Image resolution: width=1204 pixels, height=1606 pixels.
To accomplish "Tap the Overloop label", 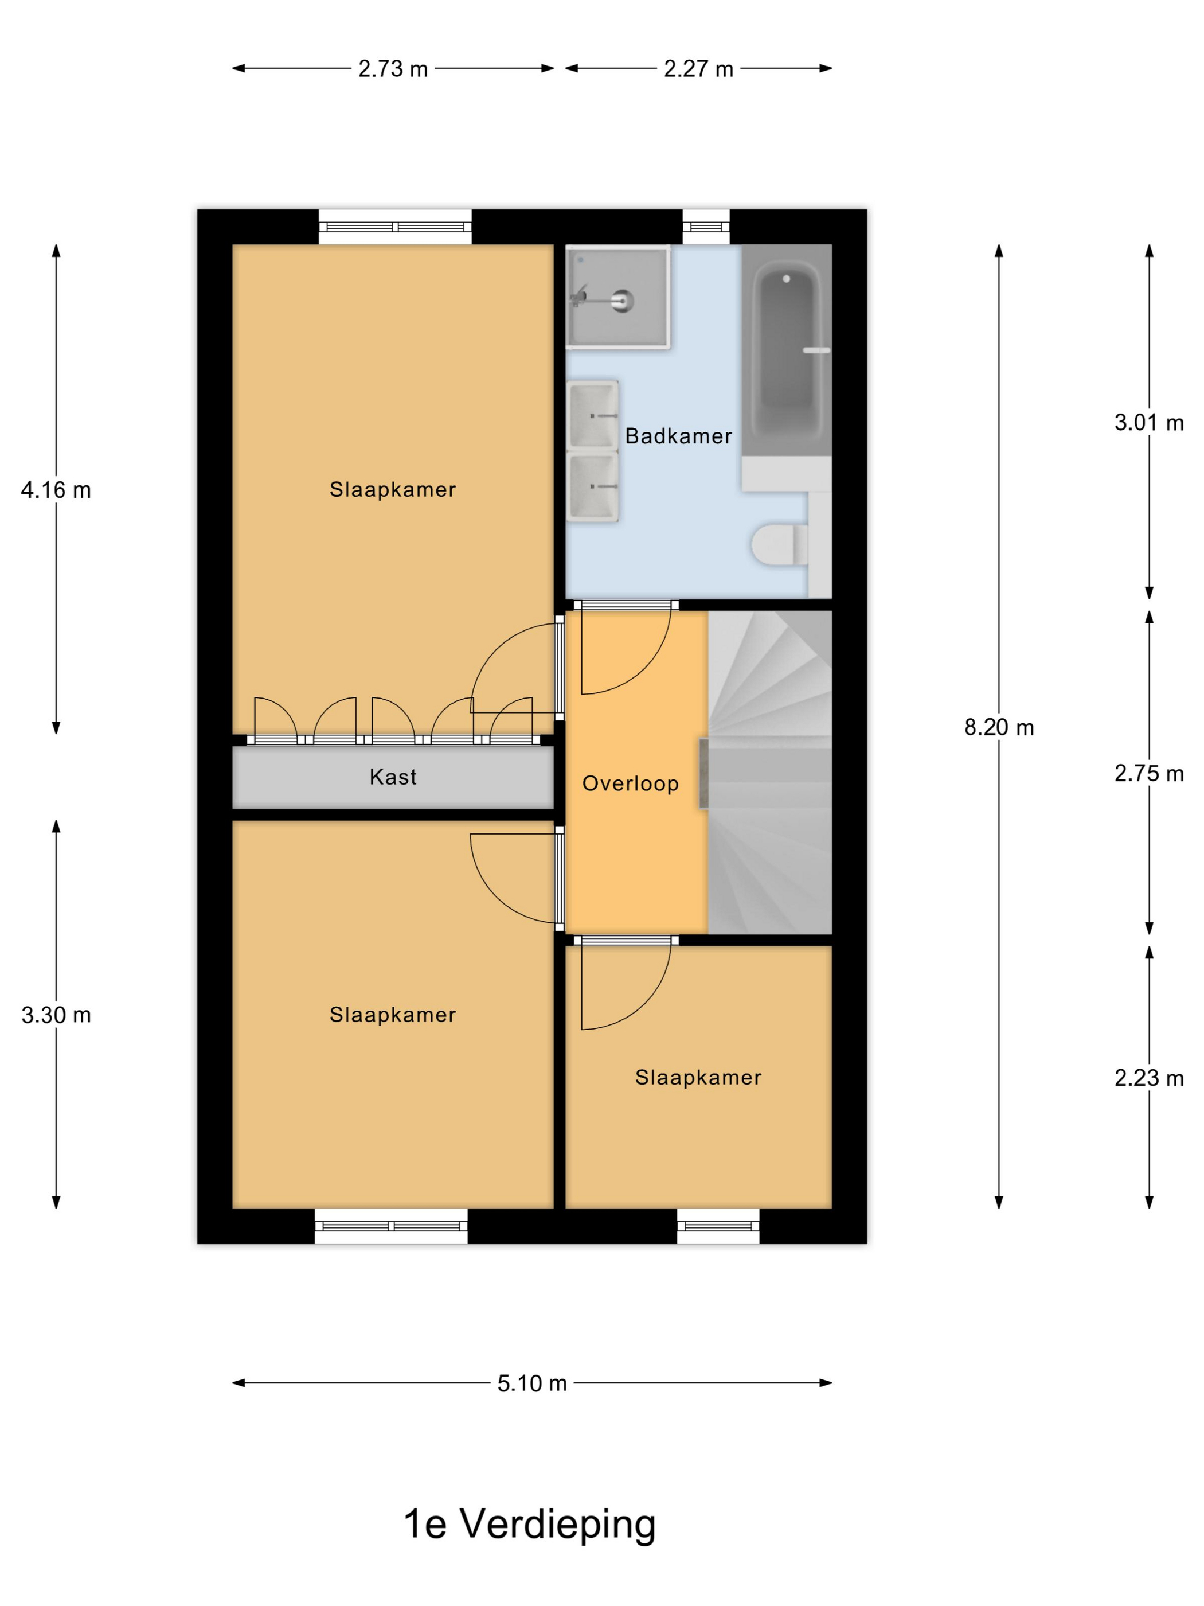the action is (x=630, y=783).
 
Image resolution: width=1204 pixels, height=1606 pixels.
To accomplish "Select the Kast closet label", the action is (x=393, y=777).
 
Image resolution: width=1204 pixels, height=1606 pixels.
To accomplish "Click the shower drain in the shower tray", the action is (x=622, y=299).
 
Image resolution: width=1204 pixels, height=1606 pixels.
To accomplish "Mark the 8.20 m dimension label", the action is (x=999, y=727).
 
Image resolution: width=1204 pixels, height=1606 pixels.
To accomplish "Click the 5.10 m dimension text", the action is (x=531, y=1383).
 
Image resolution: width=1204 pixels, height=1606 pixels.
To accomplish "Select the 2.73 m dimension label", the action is (x=393, y=69).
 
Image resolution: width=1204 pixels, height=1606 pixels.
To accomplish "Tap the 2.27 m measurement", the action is (x=698, y=69).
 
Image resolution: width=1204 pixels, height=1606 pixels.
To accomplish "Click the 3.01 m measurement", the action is (x=1149, y=423).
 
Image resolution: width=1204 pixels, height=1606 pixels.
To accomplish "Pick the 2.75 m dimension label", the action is (x=1149, y=773).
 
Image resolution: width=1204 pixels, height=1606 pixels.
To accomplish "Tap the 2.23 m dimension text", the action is (x=1149, y=1078).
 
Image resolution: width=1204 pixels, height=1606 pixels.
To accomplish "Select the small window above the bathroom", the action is (x=705, y=227).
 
